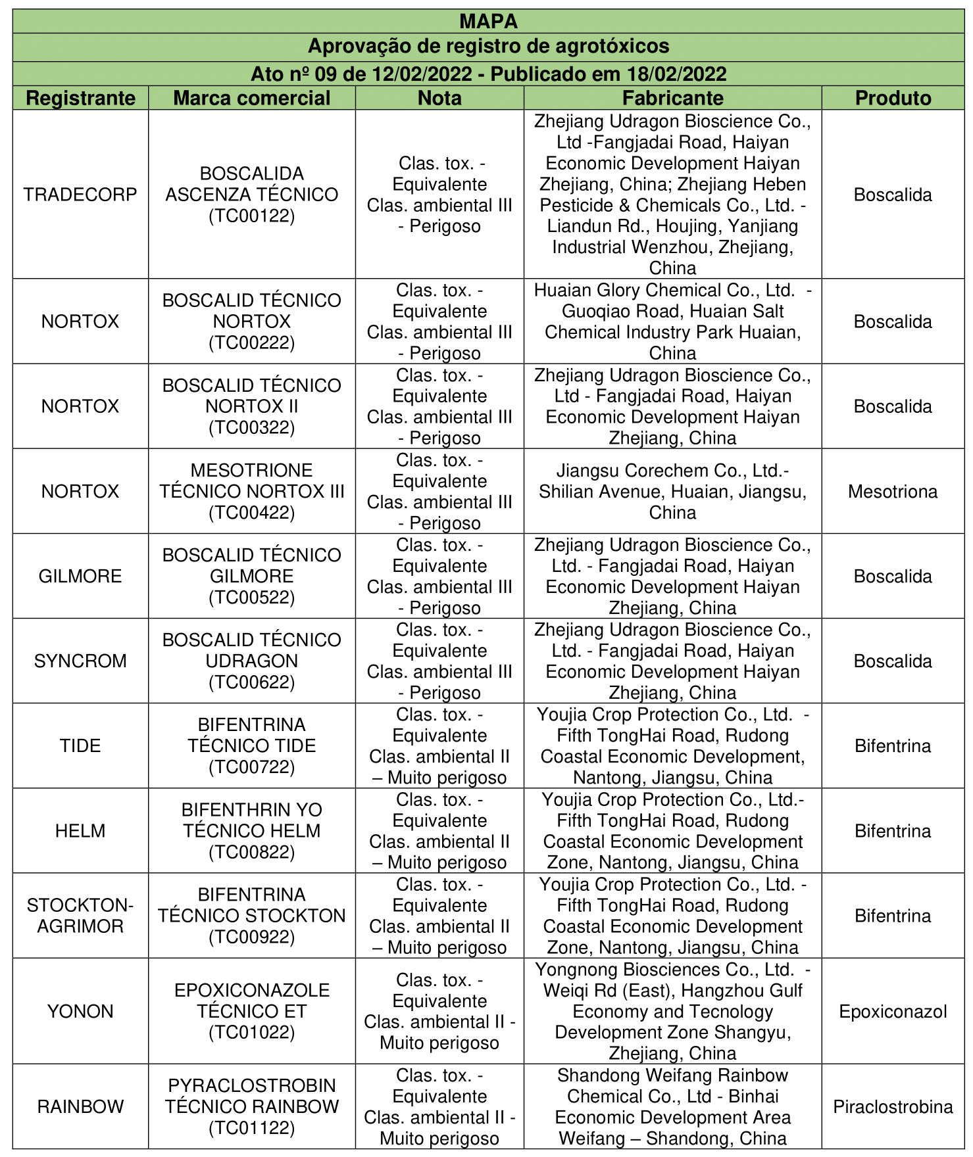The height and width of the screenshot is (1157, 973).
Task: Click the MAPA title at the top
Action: click(x=488, y=22)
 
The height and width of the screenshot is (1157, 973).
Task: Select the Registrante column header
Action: click(x=80, y=98)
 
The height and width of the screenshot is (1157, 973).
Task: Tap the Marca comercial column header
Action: click(x=251, y=98)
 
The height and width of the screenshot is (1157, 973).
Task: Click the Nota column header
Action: click(x=439, y=98)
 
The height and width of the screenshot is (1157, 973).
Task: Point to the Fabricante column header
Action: click(x=672, y=98)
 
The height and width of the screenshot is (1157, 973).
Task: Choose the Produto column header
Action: click(x=893, y=98)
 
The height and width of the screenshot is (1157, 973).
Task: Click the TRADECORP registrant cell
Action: click(x=80, y=195)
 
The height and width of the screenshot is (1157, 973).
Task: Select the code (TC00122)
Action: click(x=251, y=216)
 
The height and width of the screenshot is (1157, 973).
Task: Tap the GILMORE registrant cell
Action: click(x=80, y=577)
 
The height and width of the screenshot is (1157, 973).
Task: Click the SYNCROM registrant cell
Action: click(x=80, y=661)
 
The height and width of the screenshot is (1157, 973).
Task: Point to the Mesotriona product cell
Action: click(x=893, y=492)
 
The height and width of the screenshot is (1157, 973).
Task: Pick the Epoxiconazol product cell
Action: click(x=893, y=1012)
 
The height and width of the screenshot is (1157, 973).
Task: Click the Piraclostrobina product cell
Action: click(x=893, y=1107)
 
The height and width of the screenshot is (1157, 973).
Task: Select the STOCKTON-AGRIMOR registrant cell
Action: click(x=80, y=916)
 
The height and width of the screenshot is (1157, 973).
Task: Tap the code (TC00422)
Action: click(x=251, y=513)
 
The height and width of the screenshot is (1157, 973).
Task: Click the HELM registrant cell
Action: click(x=80, y=831)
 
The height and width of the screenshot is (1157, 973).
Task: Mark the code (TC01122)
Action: click(x=251, y=1128)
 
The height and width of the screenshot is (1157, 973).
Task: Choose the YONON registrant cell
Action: click(x=80, y=1012)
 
